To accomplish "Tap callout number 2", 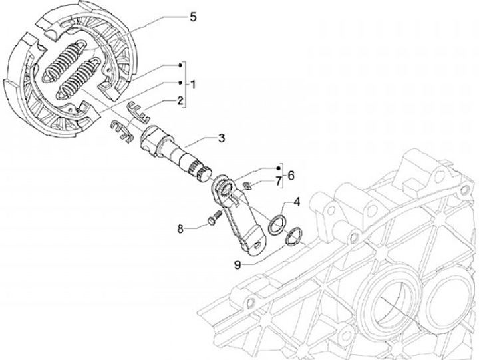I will coord(179,101).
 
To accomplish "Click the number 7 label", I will coord(276,181).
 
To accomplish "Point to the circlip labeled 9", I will coord(294,236).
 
